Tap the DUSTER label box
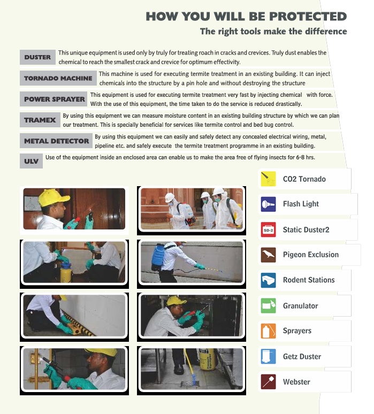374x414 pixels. (37, 57)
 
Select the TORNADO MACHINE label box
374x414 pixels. (58, 78)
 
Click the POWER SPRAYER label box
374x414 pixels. (54, 99)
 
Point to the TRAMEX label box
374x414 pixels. (40, 120)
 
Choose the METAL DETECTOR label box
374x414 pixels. (56, 141)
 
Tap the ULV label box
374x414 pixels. (31, 161)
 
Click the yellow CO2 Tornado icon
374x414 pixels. (268, 179)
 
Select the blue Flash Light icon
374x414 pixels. (268, 204)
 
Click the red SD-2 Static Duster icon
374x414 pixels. (268, 229)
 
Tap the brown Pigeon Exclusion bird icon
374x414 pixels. (268, 255)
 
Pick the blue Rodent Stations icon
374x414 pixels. (268, 280)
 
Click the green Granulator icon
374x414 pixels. (268, 305)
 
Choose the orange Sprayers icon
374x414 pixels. (268, 331)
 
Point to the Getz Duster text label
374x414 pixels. (302, 356)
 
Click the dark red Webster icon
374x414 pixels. (268, 381)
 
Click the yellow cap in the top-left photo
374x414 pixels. (54, 197)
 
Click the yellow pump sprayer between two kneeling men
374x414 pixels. (66, 273)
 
